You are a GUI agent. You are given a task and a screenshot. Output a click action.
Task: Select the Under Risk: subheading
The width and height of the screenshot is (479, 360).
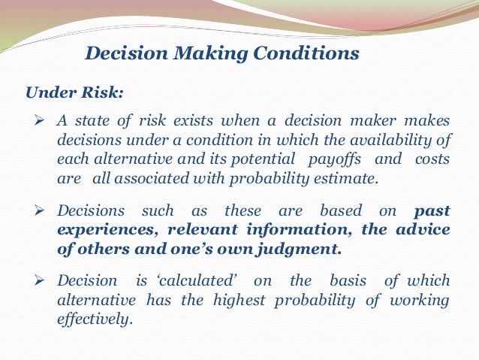(75, 93)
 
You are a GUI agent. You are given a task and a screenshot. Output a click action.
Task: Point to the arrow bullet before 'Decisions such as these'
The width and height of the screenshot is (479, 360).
(42, 211)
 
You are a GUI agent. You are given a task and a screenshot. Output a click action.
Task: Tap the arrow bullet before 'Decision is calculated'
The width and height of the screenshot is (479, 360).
(42, 281)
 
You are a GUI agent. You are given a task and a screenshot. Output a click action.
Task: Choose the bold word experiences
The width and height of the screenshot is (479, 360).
(98, 229)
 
